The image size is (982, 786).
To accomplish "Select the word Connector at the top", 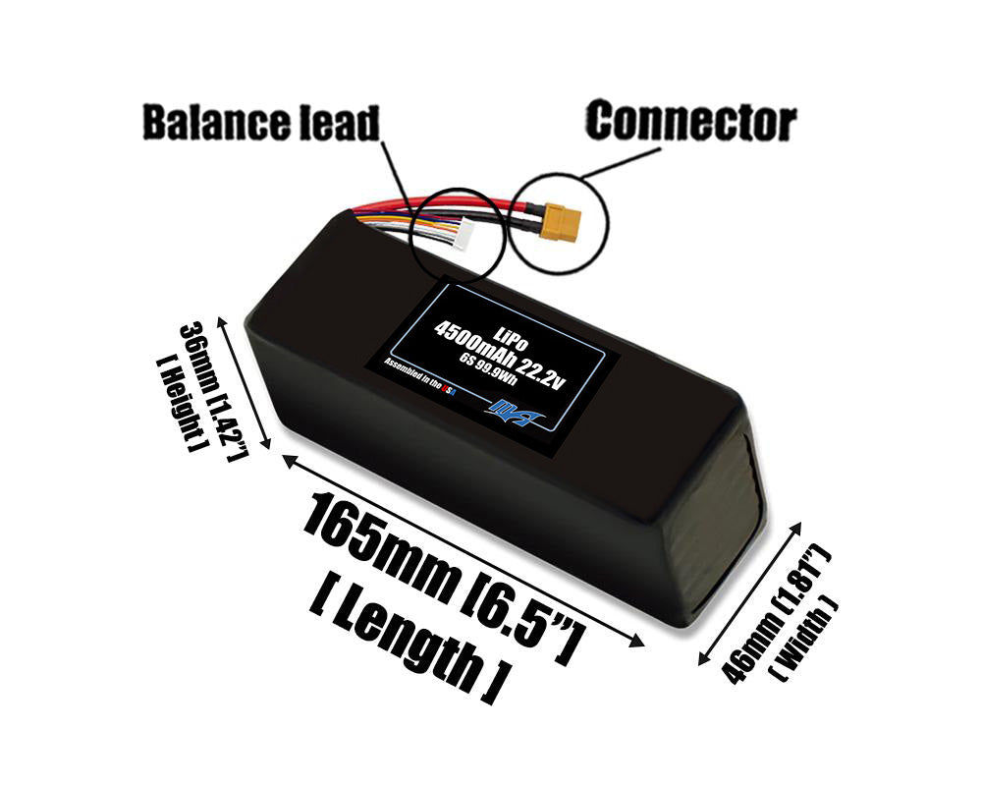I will tap(690, 122).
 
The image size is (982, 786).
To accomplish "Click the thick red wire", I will tap(491, 204).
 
